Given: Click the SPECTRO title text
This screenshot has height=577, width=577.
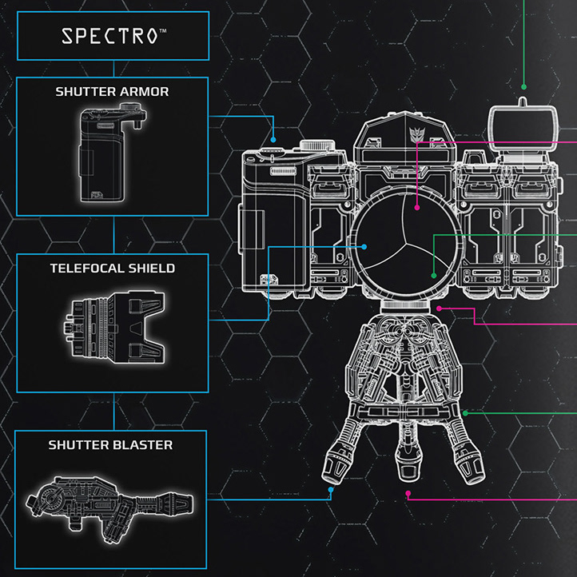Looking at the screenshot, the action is [x=113, y=37].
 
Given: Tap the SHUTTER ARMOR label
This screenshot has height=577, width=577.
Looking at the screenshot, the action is [x=113, y=91].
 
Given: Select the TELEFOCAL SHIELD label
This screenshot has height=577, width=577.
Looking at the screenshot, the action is [x=113, y=269].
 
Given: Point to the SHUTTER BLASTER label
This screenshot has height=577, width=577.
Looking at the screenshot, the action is [x=110, y=444].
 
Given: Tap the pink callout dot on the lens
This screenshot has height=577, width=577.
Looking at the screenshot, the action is [x=417, y=206].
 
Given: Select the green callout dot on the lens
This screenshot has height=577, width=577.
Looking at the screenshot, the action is [x=433, y=276].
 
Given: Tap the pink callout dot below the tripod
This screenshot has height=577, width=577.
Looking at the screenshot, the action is [x=408, y=494].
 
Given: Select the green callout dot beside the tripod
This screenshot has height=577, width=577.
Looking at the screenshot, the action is [x=464, y=412].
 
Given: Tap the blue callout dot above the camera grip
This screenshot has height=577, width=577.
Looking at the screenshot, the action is [x=274, y=134].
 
